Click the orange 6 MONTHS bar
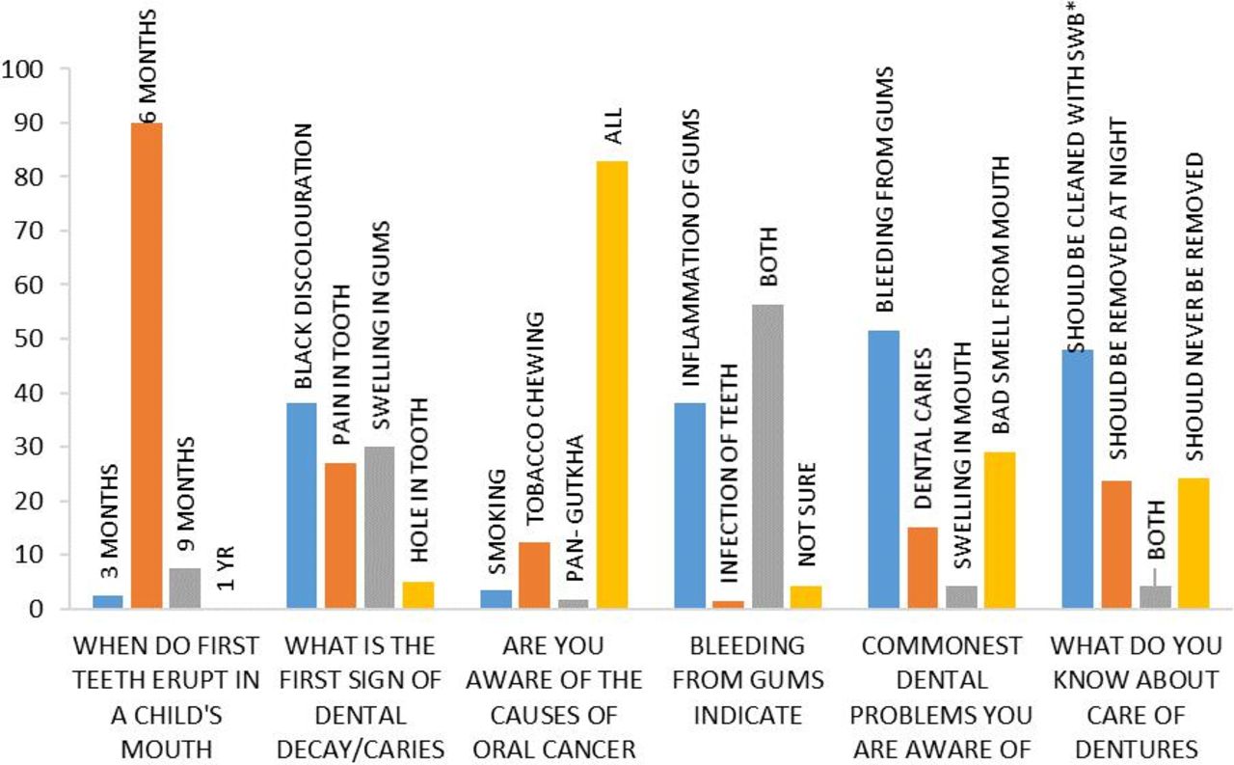click(x=147, y=367)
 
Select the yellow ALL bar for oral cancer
click(x=612, y=385)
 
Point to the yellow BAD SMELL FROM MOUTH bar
click(x=999, y=531)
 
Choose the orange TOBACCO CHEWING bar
click(x=534, y=575)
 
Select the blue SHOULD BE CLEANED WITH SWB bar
click(x=1077, y=478)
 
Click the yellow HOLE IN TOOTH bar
click(x=418, y=594)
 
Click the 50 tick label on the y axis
click(x=30, y=340)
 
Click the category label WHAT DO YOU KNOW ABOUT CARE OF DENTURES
click(x=1136, y=696)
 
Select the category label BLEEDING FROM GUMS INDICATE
click(x=749, y=679)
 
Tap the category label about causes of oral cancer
click(x=553, y=696)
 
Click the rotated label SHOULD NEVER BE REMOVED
click(x=1195, y=307)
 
